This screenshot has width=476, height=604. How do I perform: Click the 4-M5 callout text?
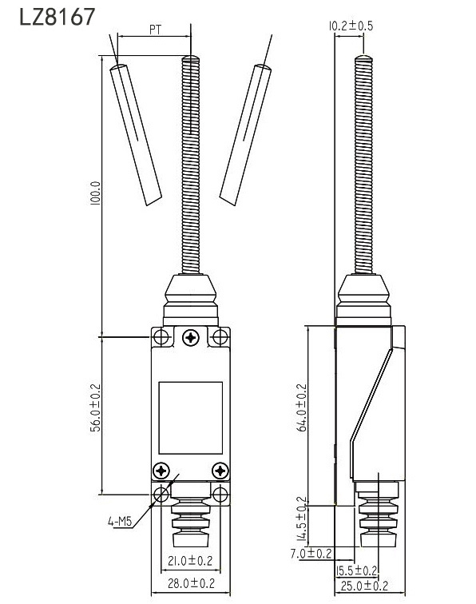[120, 523]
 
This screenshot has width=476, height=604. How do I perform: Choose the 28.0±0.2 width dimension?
[189, 584]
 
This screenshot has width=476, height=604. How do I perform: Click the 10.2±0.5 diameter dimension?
[351, 25]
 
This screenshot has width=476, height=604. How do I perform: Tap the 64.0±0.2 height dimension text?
[302, 407]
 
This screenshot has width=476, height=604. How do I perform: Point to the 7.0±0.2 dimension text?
[312, 553]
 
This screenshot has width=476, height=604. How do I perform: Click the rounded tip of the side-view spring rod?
[363, 59]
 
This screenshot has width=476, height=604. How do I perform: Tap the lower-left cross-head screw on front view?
[162, 471]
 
